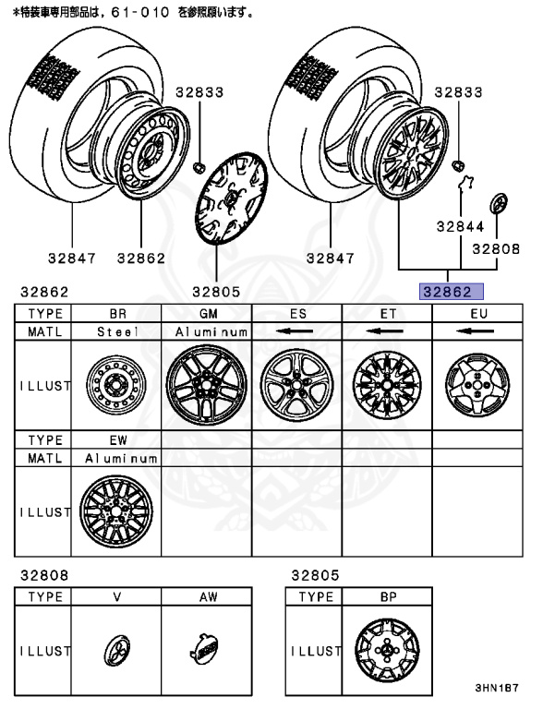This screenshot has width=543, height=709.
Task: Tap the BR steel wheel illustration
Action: (117, 385)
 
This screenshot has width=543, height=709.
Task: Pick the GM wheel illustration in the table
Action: (207, 385)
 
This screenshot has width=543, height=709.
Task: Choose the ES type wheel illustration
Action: (297, 385)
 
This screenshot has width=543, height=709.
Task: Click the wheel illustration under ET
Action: (388, 385)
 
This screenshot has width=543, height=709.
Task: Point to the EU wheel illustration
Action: (478, 385)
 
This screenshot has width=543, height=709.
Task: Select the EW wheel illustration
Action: (117, 511)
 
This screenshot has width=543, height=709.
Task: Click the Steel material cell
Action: (117, 330)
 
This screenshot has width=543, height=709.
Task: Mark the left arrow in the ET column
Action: (388, 330)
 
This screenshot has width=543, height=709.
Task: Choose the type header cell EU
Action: (478, 313)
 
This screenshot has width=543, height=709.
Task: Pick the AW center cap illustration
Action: (206, 651)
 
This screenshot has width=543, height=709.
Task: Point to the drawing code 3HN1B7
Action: (498, 689)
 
